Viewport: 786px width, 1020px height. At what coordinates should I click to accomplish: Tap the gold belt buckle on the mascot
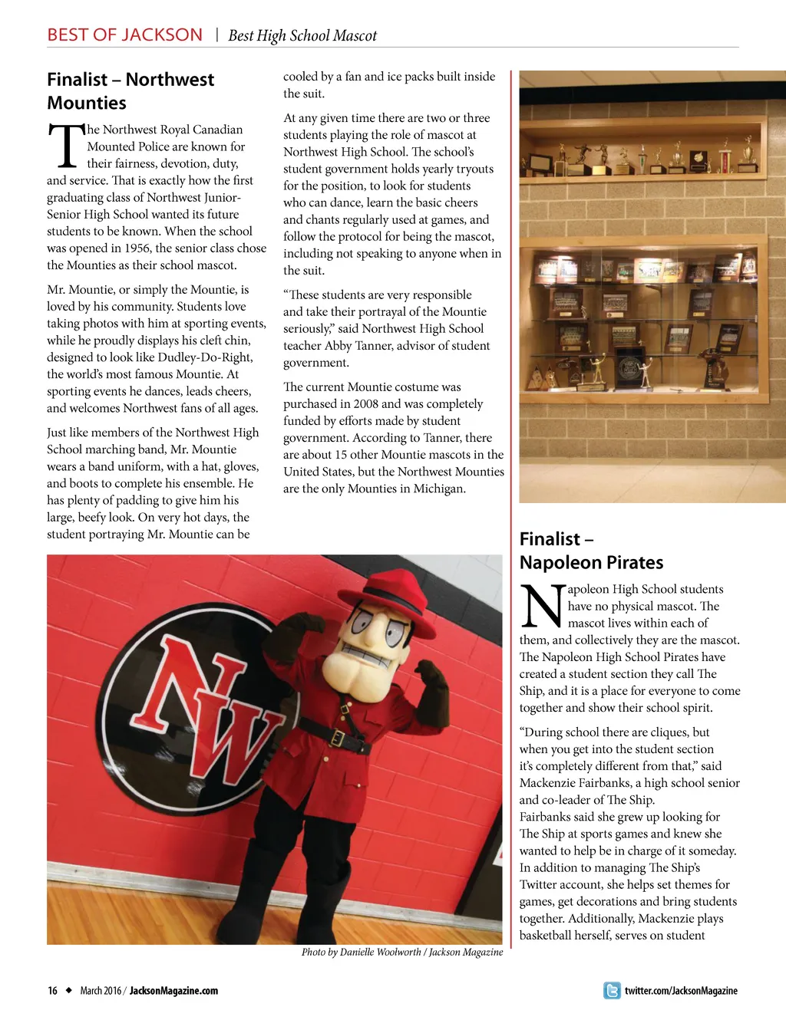336,738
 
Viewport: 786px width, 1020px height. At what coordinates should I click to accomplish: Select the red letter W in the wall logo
238,740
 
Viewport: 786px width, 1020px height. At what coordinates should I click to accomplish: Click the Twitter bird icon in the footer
612,990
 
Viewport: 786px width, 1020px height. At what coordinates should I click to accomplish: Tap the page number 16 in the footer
52,991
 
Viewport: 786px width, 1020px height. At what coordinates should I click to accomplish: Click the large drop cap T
67,146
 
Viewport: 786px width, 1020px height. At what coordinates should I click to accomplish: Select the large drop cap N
543,606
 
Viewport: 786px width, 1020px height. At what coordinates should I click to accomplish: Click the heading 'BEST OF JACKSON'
125,35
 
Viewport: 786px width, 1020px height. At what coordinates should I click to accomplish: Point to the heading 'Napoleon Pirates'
591,562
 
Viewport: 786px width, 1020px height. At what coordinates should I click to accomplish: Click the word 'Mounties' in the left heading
87,103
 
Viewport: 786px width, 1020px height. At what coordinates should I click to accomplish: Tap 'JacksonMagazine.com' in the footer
173,991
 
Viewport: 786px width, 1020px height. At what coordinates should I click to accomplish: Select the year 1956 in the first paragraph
137,248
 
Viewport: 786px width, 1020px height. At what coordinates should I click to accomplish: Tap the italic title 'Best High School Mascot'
302,36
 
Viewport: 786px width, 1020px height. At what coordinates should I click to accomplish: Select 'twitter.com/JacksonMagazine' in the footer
681,991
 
